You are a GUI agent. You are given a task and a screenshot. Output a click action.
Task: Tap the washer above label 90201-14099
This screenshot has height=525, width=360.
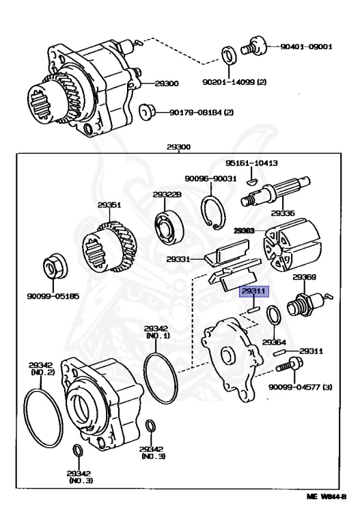click(x=228, y=55)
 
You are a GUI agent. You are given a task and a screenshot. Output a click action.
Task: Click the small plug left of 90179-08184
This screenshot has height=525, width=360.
click(x=145, y=111)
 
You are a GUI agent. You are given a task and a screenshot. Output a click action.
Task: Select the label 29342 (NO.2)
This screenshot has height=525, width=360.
click(x=42, y=370)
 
